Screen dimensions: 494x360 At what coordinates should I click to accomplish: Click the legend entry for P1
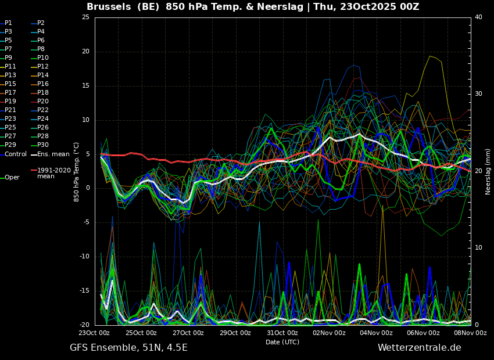[6, 23]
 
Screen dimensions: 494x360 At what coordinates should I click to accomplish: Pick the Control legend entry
[13, 154]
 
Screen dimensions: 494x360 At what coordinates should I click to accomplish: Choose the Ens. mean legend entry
[50, 154]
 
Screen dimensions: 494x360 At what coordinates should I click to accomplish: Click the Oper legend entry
[10, 178]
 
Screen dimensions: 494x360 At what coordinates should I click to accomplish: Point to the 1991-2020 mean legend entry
[51, 173]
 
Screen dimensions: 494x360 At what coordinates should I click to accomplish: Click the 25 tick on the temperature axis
[85, 17]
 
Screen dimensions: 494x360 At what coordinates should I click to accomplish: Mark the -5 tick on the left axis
[85, 222]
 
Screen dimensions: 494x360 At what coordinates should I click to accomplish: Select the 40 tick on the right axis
[478, 17]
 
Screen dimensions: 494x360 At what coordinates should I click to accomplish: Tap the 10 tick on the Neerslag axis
[478, 248]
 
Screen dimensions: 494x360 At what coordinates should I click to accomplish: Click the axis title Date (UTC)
[282, 342]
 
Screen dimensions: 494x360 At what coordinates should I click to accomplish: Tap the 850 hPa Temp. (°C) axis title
[77, 172]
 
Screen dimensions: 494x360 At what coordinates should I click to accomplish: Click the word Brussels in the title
[109, 7]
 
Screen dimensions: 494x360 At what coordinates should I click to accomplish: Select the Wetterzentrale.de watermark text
[420, 348]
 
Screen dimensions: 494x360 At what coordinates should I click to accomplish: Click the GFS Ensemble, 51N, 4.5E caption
[128, 348]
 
